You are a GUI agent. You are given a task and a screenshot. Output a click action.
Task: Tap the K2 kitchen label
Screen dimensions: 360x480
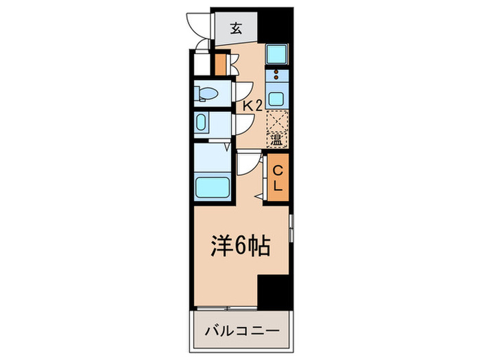(x=252, y=105)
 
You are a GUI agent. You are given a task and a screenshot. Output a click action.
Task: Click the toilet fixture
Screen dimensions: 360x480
(x=206, y=92)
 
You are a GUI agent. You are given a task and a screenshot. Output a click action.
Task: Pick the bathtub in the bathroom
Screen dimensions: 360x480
(x=213, y=186)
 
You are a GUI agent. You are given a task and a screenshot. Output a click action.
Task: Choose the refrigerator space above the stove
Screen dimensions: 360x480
(x=277, y=53)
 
